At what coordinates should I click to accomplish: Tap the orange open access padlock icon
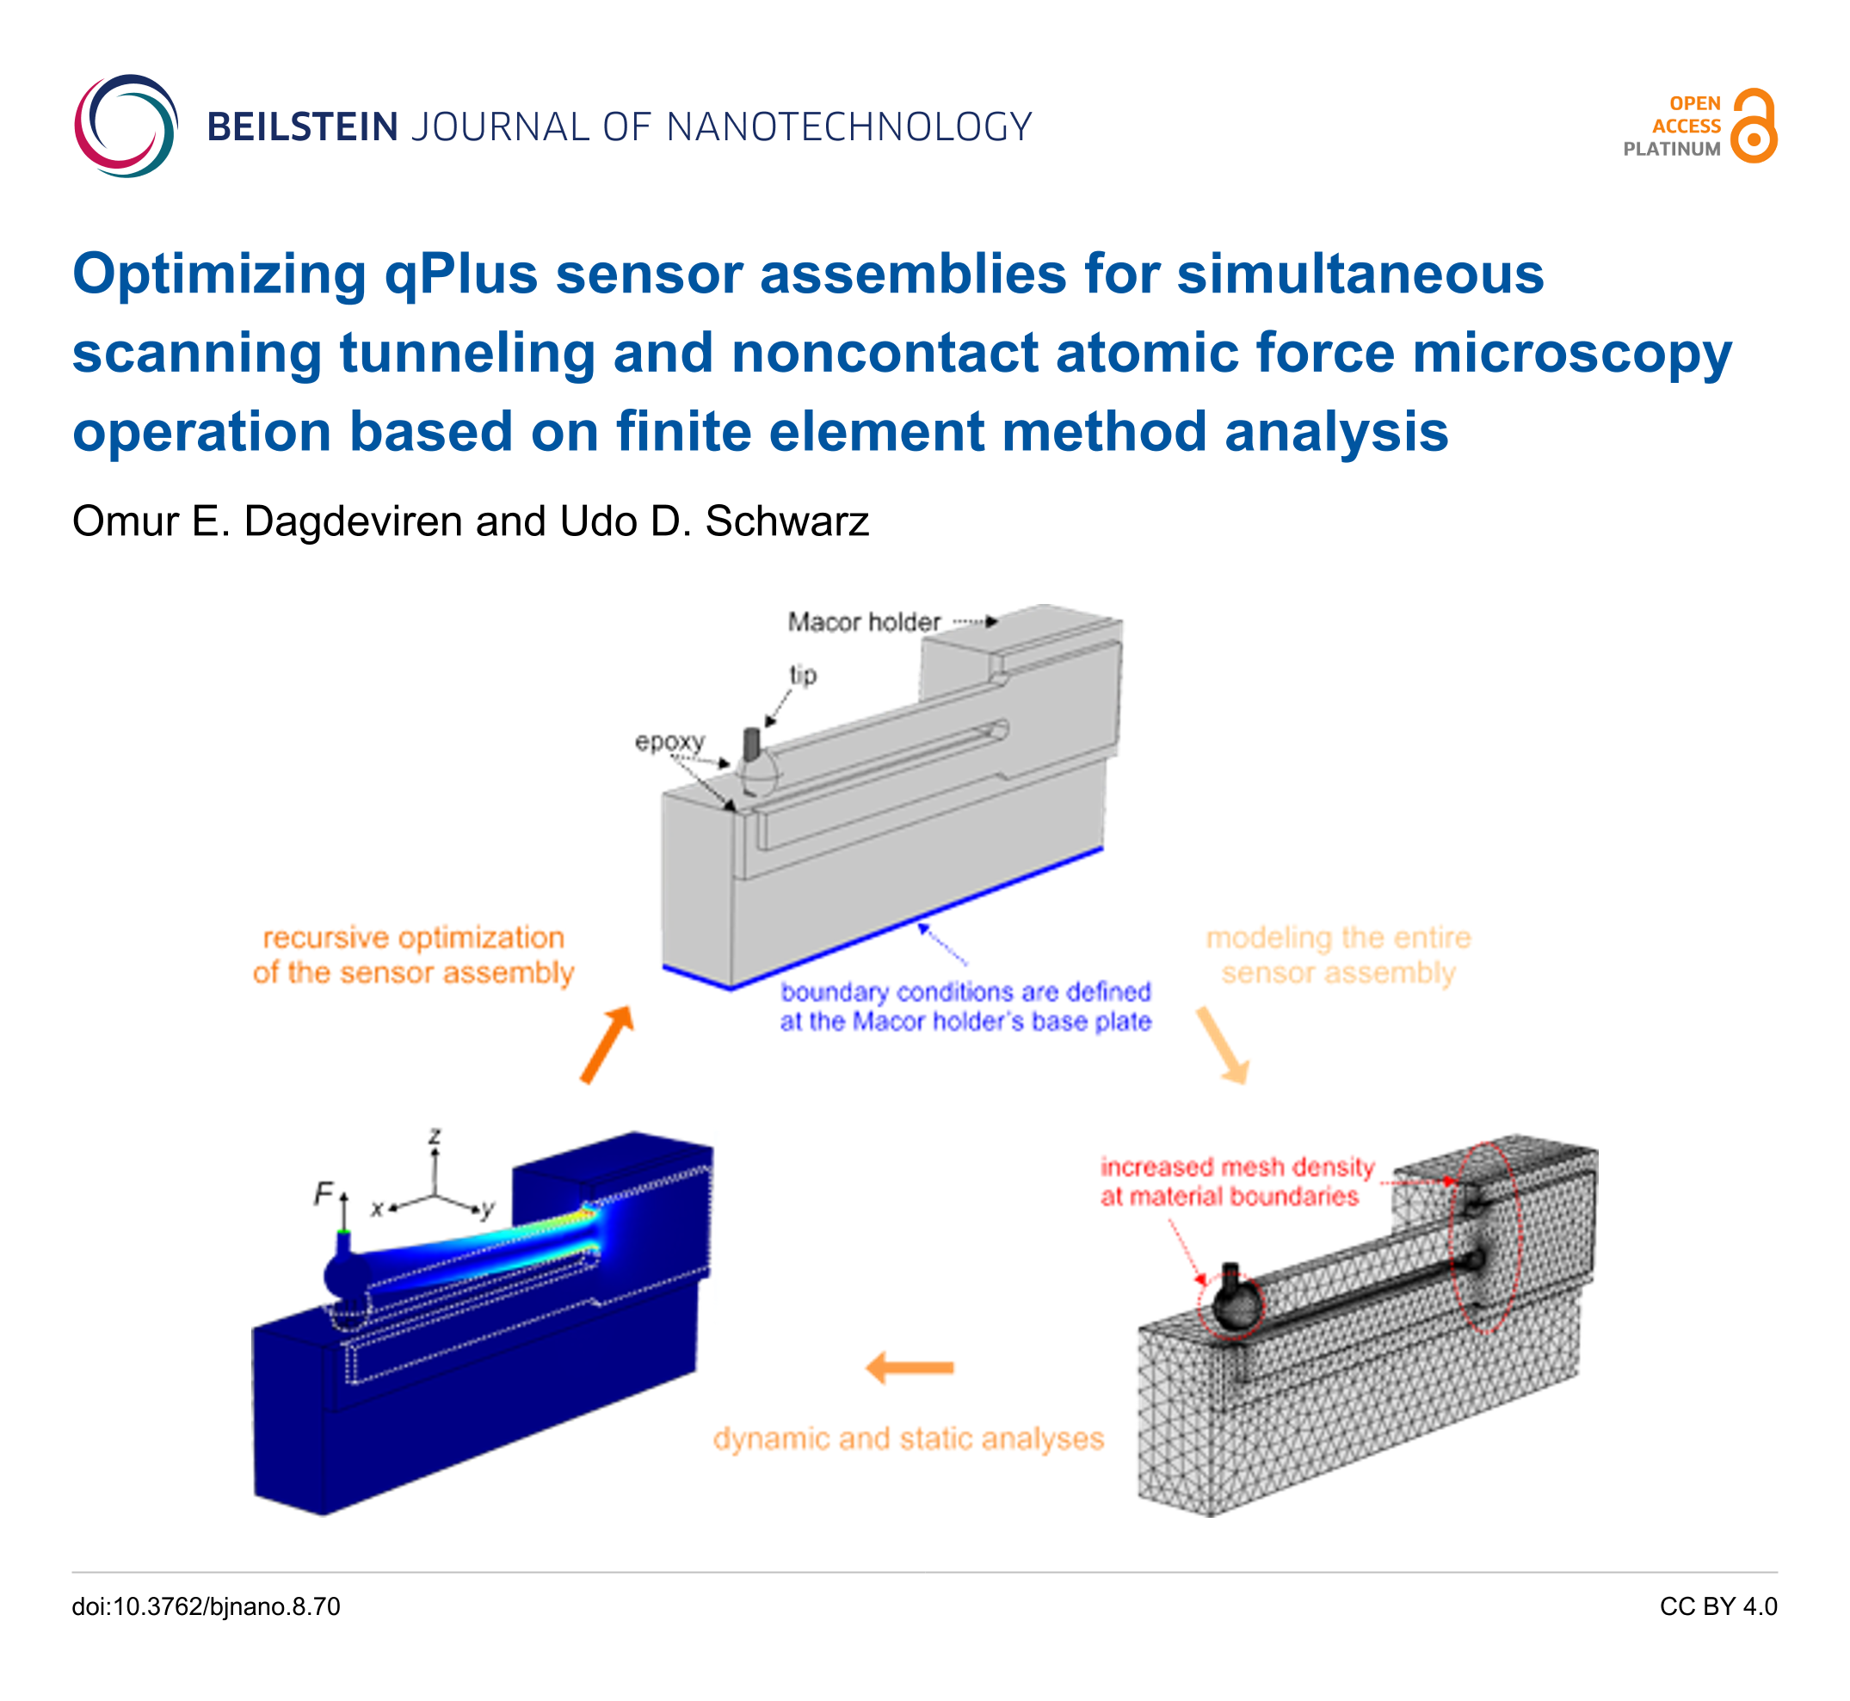pyautogui.click(x=1754, y=126)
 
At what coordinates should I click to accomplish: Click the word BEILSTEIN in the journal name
pyautogui.click(x=303, y=127)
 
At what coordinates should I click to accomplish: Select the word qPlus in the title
pyautogui.click(x=461, y=274)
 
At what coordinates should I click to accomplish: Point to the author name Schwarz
pyautogui.click(x=787, y=522)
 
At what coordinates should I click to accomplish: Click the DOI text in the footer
pyautogui.click(x=207, y=1607)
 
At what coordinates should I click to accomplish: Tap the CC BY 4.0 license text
pyautogui.click(x=1718, y=1607)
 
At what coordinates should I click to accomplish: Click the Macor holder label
pyautogui.click(x=864, y=622)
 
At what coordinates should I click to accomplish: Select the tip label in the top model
pyautogui.click(x=803, y=675)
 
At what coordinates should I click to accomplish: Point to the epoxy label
pyautogui.click(x=670, y=743)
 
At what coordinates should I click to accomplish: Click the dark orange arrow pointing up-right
pyautogui.click(x=607, y=1045)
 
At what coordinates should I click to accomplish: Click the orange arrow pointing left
pyautogui.click(x=910, y=1368)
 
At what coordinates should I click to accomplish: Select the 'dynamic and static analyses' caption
pyautogui.click(x=909, y=1439)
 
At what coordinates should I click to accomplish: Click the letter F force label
pyautogui.click(x=323, y=1194)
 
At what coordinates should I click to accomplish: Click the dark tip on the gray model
pyautogui.click(x=751, y=743)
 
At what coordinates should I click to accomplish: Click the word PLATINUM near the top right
pyautogui.click(x=1671, y=149)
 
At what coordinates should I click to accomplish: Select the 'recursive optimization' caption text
pyautogui.click(x=413, y=938)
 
